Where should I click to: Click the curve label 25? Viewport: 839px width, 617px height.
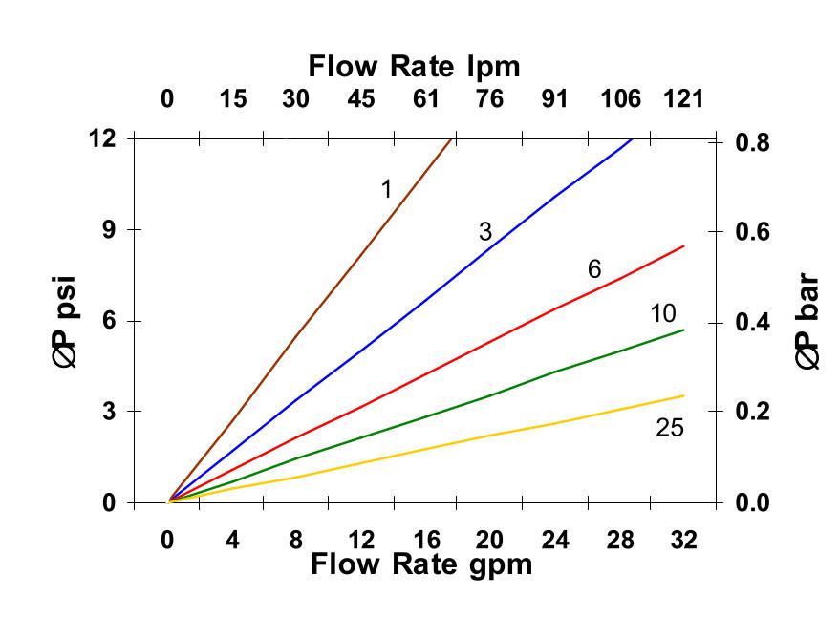[x=670, y=428]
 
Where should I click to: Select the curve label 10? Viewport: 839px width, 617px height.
[x=663, y=313]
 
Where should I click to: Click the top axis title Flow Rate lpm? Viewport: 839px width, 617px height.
[x=414, y=66]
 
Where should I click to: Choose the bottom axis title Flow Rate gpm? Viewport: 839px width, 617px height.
[x=420, y=564]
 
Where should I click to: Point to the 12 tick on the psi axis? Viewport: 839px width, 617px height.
[x=102, y=138]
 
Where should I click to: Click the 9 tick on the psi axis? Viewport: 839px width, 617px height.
[x=108, y=230]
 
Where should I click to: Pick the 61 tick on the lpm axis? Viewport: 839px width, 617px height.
[x=425, y=98]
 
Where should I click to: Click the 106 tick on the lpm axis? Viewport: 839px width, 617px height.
[x=621, y=98]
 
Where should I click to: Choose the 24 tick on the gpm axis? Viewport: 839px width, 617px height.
[x=555, y=540]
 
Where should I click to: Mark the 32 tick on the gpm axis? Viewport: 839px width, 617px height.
[x=684, y=540]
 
